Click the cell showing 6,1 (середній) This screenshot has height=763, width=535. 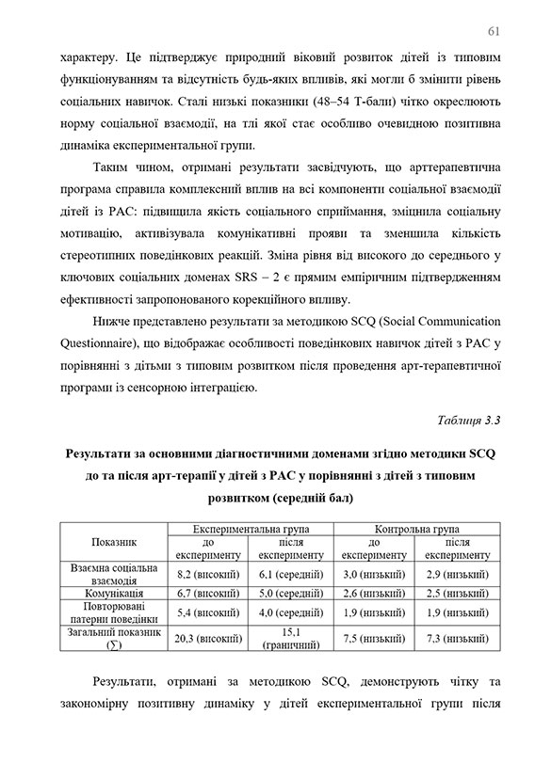click(x=289, y=574)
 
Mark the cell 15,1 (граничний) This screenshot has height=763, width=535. click(x=289, y=638)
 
